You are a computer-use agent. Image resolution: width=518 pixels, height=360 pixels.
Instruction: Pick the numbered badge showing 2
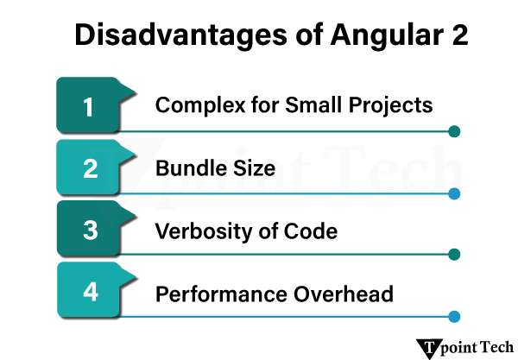point(89,169)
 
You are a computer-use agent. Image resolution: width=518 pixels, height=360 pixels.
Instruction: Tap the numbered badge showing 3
point(89,231)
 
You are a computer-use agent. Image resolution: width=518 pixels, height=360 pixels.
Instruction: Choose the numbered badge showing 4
point(89,294)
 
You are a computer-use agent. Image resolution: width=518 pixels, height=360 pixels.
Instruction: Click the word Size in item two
point(253,168)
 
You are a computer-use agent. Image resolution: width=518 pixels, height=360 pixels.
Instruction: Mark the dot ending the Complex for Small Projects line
point(455,132)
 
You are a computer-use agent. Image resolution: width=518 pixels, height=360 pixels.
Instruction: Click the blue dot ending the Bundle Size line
point(455,194)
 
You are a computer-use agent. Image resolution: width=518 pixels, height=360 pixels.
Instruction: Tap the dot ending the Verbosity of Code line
point(455,255)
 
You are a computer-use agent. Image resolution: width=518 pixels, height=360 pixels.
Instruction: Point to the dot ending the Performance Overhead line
point(455,317)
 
